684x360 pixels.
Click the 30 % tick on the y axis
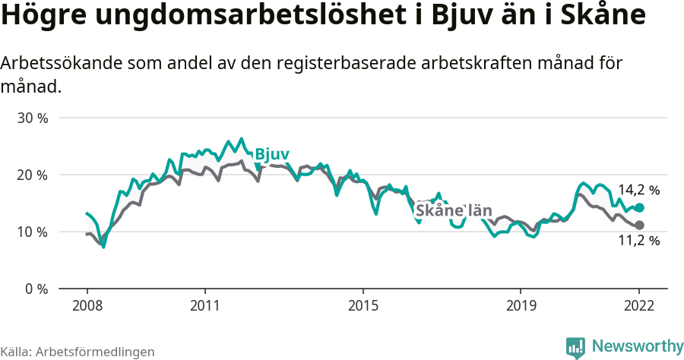point(33,118)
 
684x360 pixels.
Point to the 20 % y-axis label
point(33,175)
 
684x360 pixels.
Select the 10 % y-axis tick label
point(33,232)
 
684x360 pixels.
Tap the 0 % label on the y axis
point(36,289)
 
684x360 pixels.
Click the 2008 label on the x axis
point(87,305)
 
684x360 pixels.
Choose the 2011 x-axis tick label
point(205,305)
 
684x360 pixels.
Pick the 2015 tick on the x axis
point(363,305)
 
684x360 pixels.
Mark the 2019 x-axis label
point(521,305)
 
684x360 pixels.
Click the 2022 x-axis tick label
point(639,305)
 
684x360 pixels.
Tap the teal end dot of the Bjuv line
point(639,208)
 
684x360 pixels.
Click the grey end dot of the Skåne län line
point(639,225)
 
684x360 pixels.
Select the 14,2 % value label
point(638,190)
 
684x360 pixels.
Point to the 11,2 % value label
point(638,241)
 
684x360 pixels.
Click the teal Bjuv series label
point(271,154)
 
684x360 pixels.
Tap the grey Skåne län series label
point(454,210)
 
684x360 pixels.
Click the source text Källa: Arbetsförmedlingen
point(78,352)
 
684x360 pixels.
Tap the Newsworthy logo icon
point(575,347)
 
